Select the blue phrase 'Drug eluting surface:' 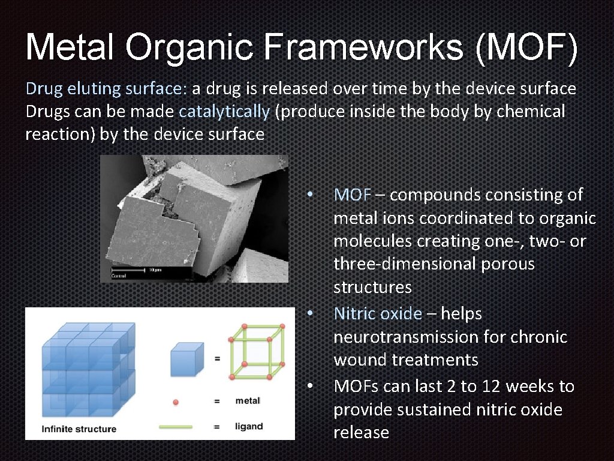106,89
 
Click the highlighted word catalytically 224,112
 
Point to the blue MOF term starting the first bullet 353,195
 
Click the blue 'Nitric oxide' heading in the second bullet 378,314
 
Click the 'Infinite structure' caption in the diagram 79,429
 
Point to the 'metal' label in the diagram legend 248,400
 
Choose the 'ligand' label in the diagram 249,426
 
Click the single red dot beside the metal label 175,401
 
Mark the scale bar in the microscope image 128,271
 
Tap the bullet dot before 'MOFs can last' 309,386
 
